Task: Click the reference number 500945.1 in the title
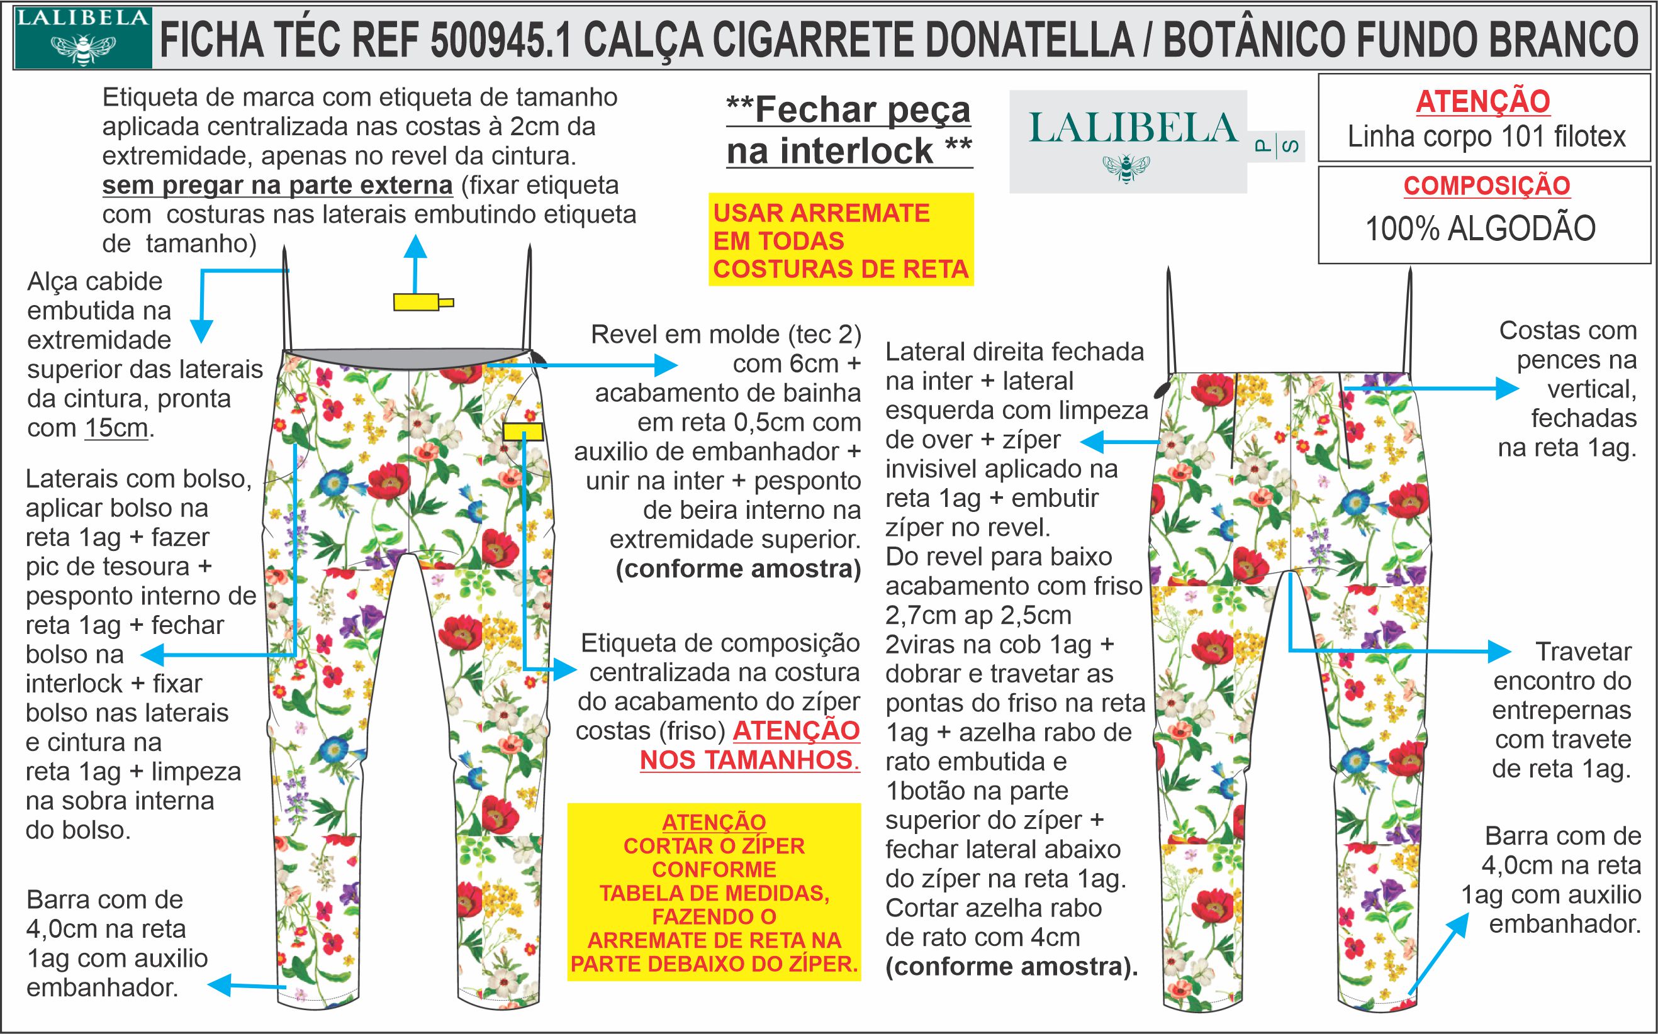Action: [x=501, y=40]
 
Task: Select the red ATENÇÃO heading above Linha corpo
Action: [x=1483, y=102]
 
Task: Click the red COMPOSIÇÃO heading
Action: [x=1486, y=186]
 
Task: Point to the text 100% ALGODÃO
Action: [x=1480, y=228]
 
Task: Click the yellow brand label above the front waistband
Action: [x=417, y=302]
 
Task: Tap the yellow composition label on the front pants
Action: [x=523, y=431]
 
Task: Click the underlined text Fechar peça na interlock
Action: [x=849, y=130]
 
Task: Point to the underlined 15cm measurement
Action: [x=116, y=428]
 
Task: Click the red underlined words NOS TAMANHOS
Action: [x=749, y=760]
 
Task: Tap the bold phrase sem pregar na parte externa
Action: [x=277, y=186]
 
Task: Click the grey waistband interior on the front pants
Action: [x=408, y=360]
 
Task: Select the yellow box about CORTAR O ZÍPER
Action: [x=714, y=892]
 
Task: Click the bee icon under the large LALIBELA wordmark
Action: [x=1126, y=168]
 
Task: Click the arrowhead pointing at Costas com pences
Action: [x=1508, y=389]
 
